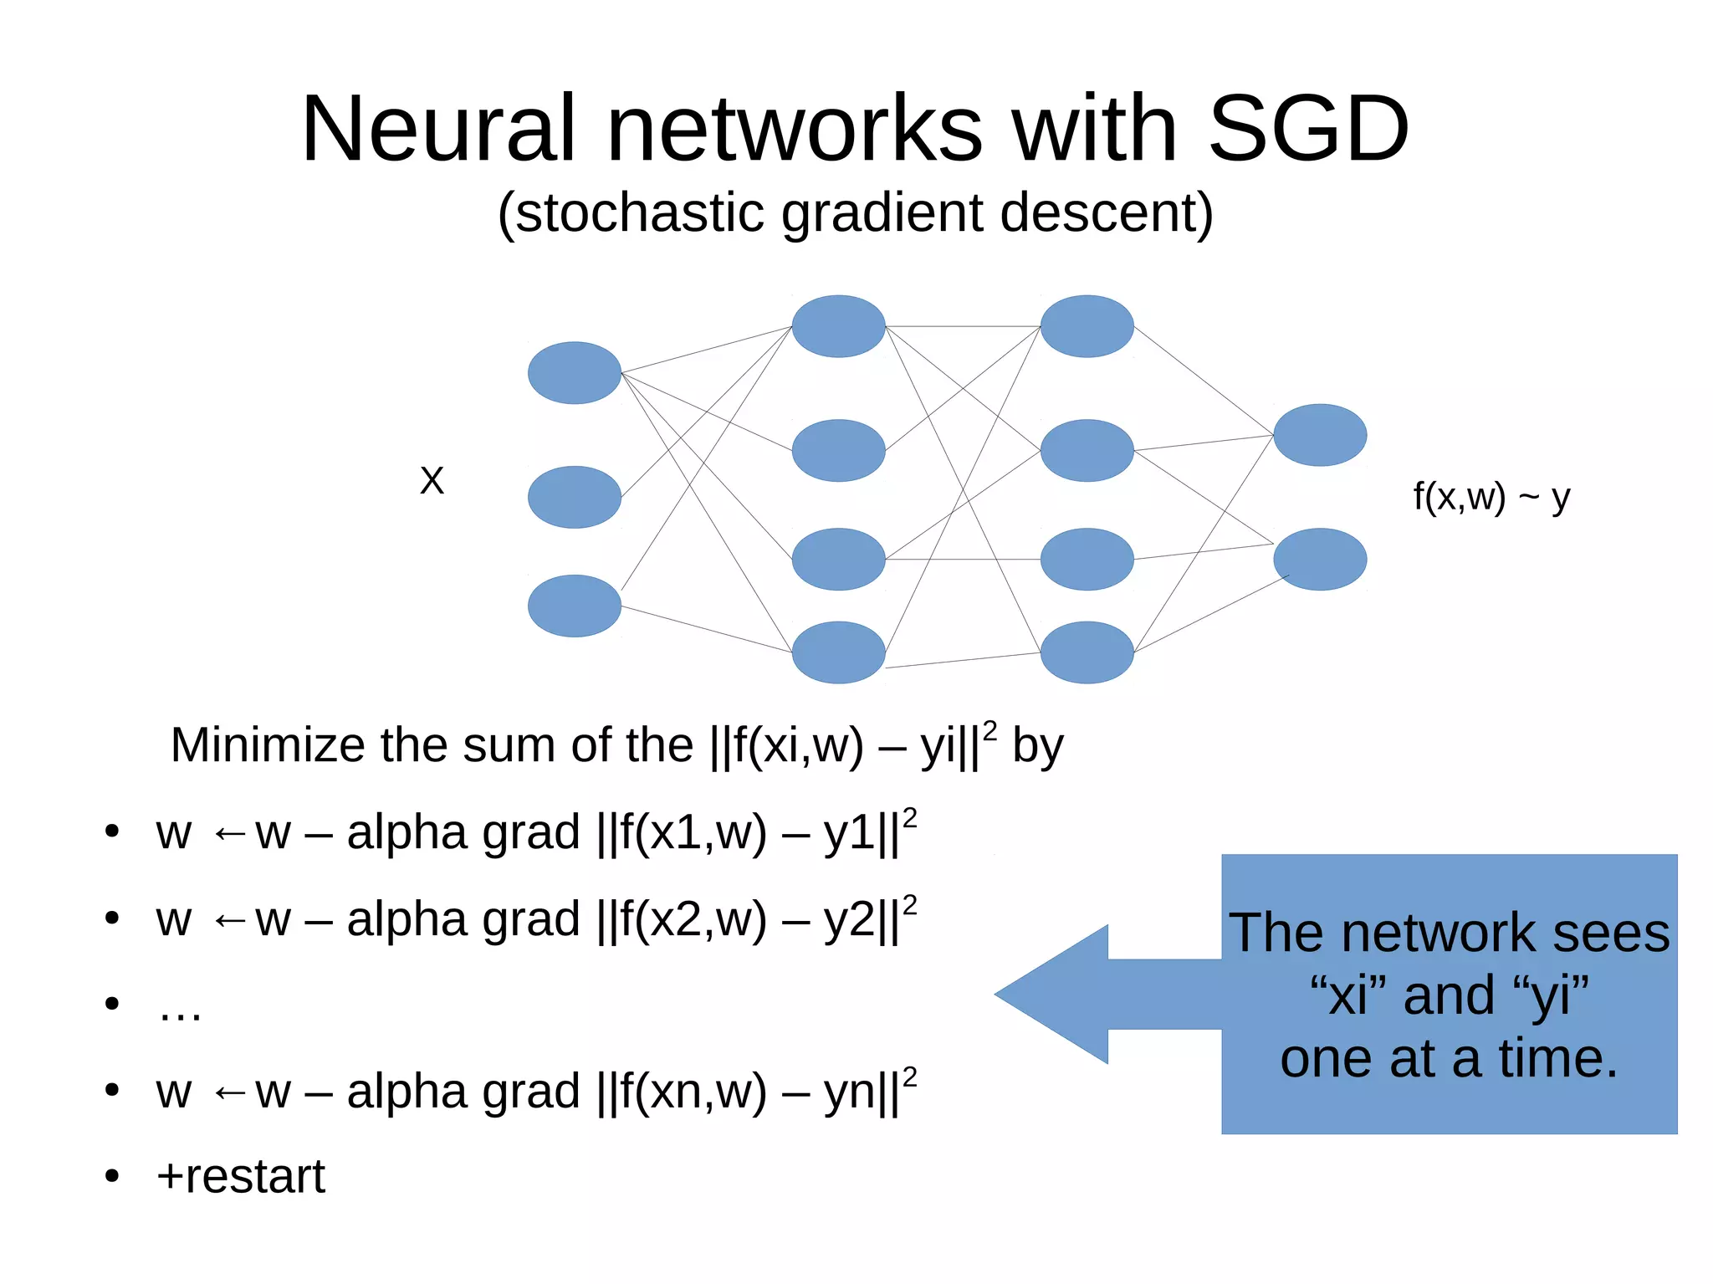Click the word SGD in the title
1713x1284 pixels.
click(x=1308, y=130)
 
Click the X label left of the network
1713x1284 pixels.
click(x=432, y=481)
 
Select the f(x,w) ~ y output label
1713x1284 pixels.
click(x=1491, y=497)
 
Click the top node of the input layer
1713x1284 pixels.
click(x=574, y=373)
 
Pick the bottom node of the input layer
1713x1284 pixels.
click(x=574, y=606)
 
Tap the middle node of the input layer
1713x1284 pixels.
click(x=574, y=497)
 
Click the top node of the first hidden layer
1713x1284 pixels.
click(x=838, y=326)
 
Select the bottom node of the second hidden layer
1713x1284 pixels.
click(x=1087, y=652)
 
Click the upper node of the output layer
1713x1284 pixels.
click(x=1319, y=435)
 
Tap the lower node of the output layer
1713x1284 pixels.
click(x=1319, y=559)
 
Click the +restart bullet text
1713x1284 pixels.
click(x=241, y=1176)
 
